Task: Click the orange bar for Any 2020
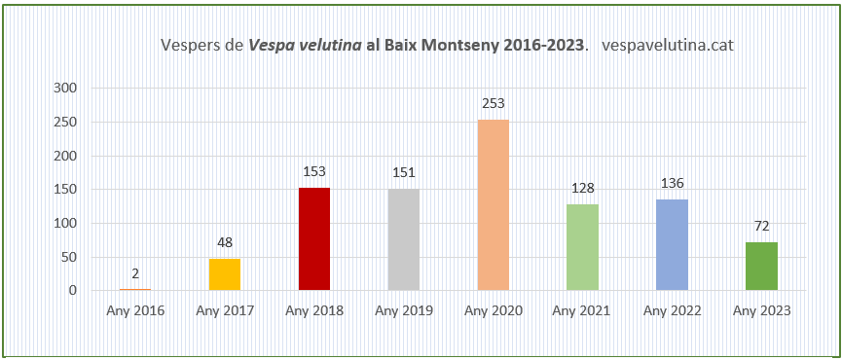[493, 204]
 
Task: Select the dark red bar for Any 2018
[313, 238]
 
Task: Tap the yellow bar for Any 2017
[224, 273]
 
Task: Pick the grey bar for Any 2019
[403, 239]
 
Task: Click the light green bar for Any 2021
[582, 247]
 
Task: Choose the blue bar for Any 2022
[672, 244]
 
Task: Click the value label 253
[493, 103]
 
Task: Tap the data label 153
[313, 171]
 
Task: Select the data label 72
[761, 226]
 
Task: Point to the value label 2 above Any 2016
[135, 273]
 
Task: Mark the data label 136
[672, 182]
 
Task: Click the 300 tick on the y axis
[65, 88]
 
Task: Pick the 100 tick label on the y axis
[65, 223]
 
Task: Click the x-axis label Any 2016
[135, 311]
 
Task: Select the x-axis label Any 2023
[761, 311]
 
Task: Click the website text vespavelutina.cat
[668, 46]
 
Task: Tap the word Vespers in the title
[190, 46]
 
